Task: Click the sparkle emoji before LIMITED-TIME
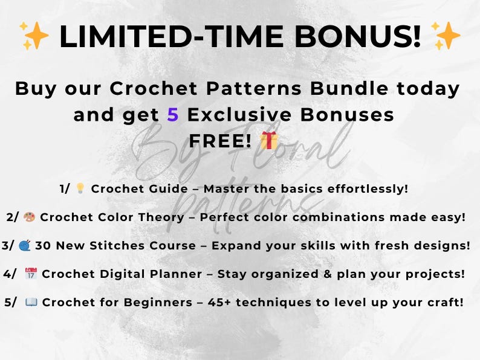pyautogui.click(x=33, y=36)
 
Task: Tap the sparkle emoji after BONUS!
pyautogui.click(x=447, y=36)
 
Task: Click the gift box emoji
pyautogui.click(x=269, y=140)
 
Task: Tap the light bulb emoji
pyautogui.click(x=80, y=188)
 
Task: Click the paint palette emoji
pyautogui.click(x=30, y=217)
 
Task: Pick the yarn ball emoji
pyautogui.click(x=25, y=245)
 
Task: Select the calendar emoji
pyautogui.click(x=31, y=274)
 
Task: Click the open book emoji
pyautogui.click(x=32, y=302)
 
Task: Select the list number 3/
pyautogui.click(x=9, y=245)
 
